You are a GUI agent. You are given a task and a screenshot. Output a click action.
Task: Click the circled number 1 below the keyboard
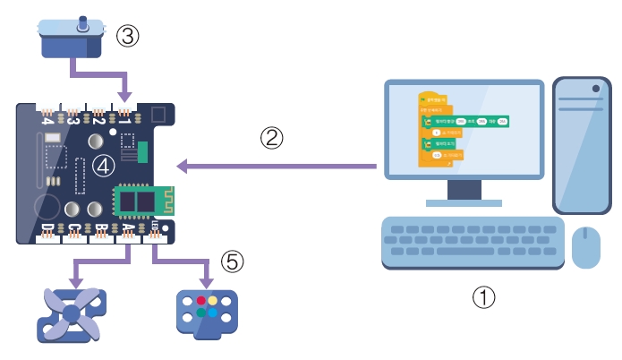click(x=483, y=296)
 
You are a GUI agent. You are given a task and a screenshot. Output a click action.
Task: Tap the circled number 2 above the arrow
click(x=272, y=138)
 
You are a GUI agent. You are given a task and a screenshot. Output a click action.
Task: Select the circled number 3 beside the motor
click(x=126, y=36)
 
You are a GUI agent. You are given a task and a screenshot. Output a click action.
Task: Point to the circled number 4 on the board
click(x=105, y=165)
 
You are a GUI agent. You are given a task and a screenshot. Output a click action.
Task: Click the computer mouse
click(x=586, y=247)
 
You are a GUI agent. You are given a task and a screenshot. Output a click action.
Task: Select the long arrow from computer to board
click(x=277, y=166)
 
